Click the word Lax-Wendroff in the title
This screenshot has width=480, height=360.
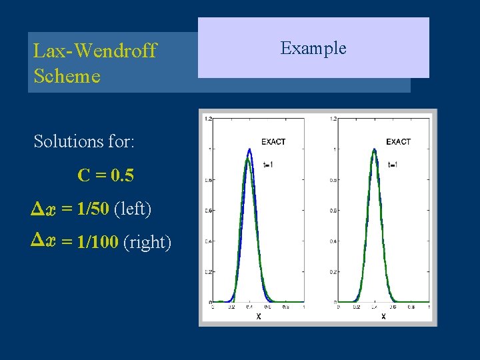95,51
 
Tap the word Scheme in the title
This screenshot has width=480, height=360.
67,76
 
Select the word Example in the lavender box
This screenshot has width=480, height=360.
313,48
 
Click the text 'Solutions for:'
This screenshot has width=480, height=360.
84,141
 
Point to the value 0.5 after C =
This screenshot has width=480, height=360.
123,175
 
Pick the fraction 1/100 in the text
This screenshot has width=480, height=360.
99,243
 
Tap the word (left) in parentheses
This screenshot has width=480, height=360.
133,209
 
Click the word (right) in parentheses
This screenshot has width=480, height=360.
147,243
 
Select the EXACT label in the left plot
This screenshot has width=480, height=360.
273,142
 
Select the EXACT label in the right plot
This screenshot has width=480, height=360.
398,142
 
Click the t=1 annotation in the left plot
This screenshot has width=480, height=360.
269,164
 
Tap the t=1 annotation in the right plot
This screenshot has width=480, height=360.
393,164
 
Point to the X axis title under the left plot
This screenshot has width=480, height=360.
259,316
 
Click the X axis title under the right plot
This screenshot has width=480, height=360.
383,316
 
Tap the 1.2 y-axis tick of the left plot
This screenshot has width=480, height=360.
208,119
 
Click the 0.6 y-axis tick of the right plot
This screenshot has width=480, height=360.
332,211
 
